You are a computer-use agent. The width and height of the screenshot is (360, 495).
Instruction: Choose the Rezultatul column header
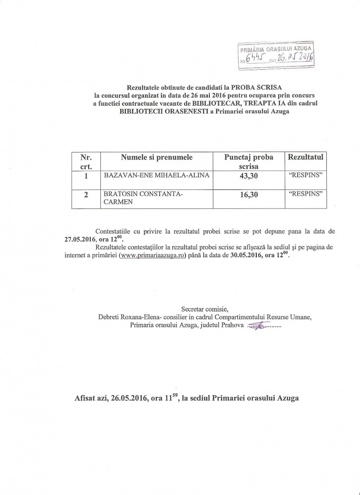(x=306, y=157)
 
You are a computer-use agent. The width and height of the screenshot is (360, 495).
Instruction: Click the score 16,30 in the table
(x=249, y=195)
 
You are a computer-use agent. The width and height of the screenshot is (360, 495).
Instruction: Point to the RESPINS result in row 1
(x=306, y=176)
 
